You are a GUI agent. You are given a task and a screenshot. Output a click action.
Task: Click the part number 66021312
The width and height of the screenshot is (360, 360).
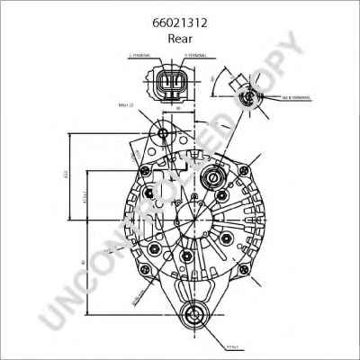[180, 25]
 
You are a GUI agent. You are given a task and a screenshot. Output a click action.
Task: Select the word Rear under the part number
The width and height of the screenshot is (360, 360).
[180, 40]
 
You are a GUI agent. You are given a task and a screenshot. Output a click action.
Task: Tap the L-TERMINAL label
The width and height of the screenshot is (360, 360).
[143, 56]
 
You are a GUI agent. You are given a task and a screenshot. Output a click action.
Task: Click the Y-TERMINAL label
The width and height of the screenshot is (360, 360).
[196, 56]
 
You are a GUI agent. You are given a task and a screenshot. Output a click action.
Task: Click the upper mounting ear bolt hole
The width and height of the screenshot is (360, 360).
[163, 135]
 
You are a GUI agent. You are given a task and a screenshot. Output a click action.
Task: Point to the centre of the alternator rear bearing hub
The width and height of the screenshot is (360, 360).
[193, 220]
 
